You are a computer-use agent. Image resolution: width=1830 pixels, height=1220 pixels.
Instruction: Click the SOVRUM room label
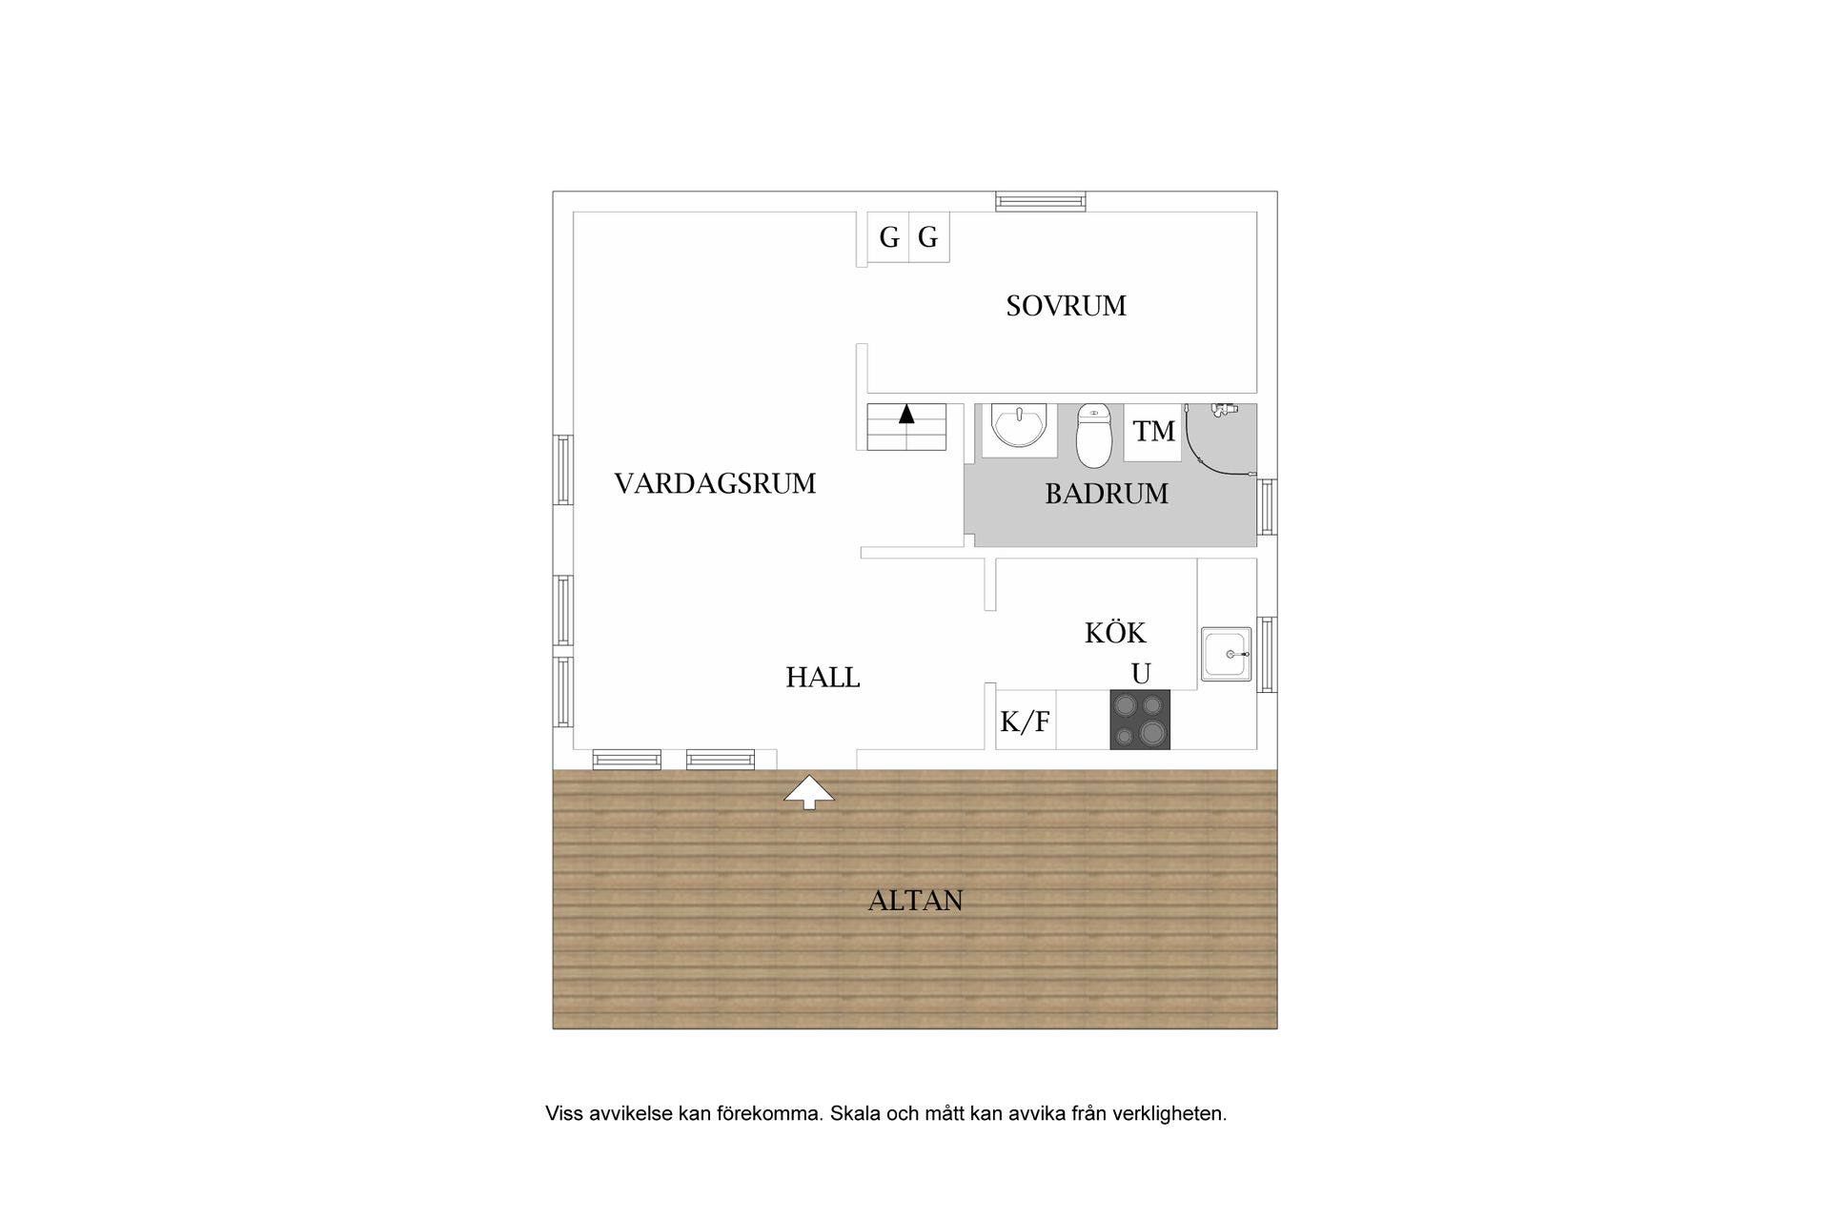[1066, 306]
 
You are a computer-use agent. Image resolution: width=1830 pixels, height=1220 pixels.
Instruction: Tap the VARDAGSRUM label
[715, 484]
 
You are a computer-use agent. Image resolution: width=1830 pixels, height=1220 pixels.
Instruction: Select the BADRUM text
[1107, 494]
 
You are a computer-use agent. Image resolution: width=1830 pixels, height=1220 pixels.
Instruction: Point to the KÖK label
[1115, 632]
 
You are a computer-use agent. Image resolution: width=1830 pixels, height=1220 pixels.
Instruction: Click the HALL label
[823, 678]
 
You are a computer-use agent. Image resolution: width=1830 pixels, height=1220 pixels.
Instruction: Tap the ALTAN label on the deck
[915, 901]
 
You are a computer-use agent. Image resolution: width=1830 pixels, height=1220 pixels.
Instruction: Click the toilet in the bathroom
[1094, 436]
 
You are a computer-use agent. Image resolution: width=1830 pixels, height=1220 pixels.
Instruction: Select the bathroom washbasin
[1019, 428]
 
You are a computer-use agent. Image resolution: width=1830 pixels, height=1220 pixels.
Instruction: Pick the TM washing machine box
[1153, 432]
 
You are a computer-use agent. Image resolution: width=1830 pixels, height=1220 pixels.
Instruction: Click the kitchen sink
[1226, 654]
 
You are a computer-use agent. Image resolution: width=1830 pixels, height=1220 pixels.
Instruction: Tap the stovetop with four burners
[1140, 720]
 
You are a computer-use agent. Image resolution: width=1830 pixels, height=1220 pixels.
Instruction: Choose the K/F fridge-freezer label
[1025, 722]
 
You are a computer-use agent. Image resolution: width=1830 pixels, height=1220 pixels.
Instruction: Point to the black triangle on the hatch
[906, 414]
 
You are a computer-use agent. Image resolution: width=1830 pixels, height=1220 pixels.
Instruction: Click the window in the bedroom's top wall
[1041, 201]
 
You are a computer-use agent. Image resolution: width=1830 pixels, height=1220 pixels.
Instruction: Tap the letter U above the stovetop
[1141, 674]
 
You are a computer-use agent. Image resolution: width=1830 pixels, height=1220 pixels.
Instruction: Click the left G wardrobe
[888, 236]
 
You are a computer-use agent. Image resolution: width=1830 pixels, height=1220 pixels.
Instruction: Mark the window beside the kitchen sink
[1267, 654]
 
